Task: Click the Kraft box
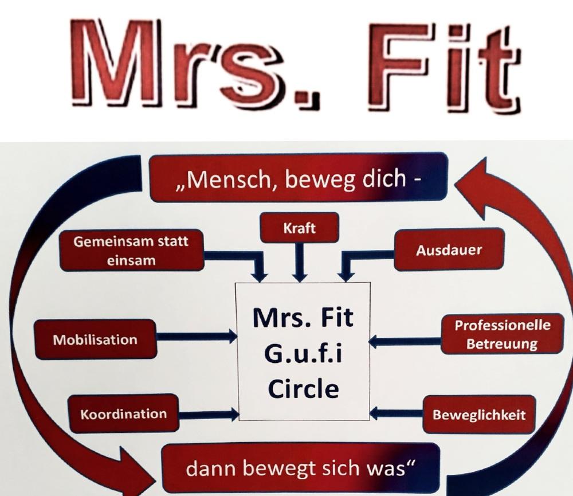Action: pyautogui.click(x=299, y=229)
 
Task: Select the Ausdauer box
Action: pyautogui.click(x=449, y=250)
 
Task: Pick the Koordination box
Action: pyautogui.click(x=123, y=413)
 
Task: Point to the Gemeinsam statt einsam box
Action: pyautogui.click(x=131, y=251)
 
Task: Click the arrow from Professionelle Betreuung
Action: pyautogui.click(x=404, y=342)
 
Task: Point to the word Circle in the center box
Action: pyautogui.click(x=304, y=389)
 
